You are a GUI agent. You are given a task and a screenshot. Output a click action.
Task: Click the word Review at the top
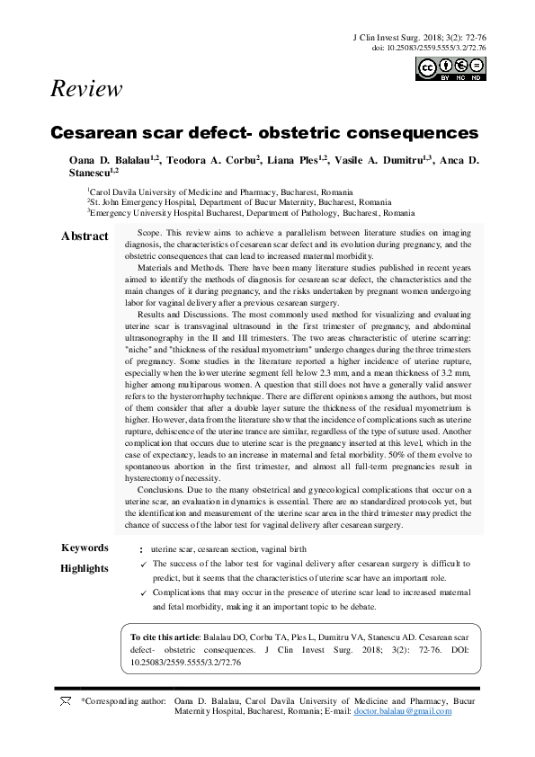(x=87, y=89)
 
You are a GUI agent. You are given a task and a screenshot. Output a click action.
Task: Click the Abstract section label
(x=85, y=236)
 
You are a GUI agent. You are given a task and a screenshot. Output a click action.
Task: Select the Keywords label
(x=85, y=548)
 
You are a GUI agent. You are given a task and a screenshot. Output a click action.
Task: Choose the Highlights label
(x=85, y=568)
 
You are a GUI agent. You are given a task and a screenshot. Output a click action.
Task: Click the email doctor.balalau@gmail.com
(x=403, y=711)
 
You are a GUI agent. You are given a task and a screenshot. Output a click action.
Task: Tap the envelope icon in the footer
(x=65, y=700)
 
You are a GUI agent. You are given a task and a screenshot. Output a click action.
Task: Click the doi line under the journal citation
(x=429, y=47)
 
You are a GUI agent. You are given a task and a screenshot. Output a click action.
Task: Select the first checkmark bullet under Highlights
(x=144, y=564)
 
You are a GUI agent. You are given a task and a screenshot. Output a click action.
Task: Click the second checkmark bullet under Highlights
(x=144, y=593)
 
